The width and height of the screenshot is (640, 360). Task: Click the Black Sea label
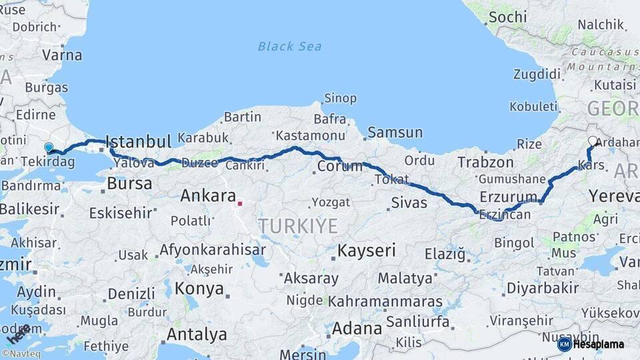pos(289,46)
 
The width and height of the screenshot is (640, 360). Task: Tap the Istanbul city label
pos(138,141)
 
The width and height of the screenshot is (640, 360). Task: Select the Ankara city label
pos(208,196)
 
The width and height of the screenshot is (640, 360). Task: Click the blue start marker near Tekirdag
pos(48,147)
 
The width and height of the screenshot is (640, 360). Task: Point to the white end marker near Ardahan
pos(593,141)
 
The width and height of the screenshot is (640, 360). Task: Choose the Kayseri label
pos(367,251)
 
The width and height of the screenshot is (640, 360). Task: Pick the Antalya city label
pos(197,334)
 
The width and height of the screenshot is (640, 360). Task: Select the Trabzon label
pos(485,162)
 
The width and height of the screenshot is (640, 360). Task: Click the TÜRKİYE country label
pos(298,226)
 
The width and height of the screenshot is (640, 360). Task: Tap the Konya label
pos(199,289)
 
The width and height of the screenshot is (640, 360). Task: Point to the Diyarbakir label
pos(542,288)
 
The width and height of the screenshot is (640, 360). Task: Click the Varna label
pos(62,55)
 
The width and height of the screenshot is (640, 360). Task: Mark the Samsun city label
pos(395,133)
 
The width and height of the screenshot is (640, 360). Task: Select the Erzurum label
pos(508,197)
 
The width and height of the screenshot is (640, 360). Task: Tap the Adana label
pos(357,329)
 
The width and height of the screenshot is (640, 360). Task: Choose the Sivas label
pos(409,203)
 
